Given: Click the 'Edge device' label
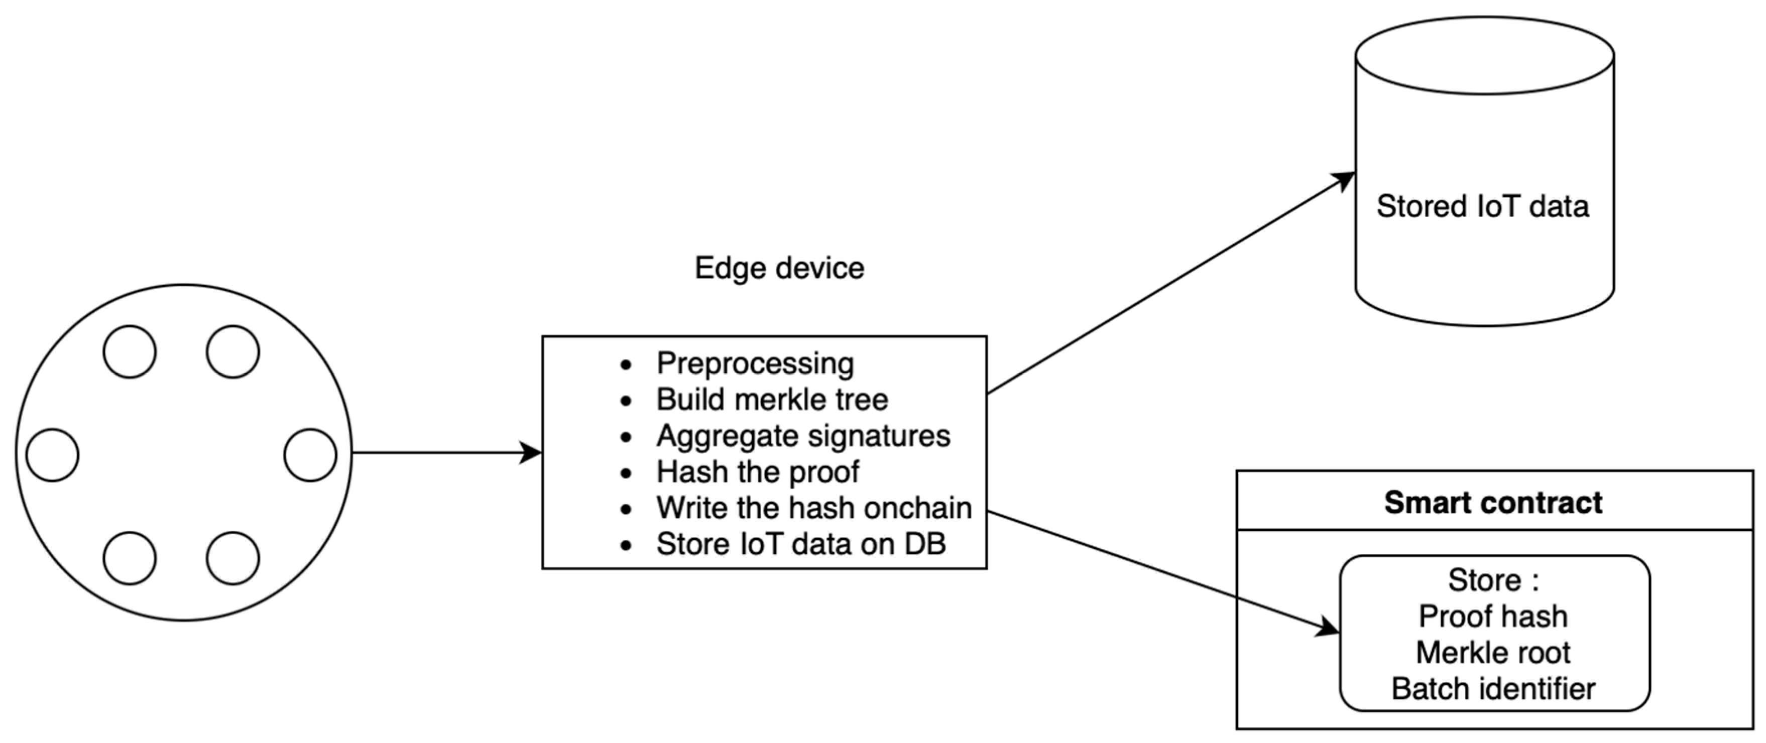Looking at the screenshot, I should tap(779, 268).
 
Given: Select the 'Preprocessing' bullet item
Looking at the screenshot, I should tap(755, 363).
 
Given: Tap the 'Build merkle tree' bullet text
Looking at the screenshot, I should tap(772, 400).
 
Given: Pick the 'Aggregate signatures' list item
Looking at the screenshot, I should tap(803, 436).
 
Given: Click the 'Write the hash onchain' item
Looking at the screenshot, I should tap(814, 509).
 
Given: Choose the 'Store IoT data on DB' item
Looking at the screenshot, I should tap(801, 545).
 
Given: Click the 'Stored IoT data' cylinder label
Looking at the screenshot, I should tap(1482, 206).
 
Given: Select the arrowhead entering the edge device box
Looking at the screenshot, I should tap(531, 452).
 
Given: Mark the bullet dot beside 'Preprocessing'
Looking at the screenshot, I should tap(625, 364).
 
